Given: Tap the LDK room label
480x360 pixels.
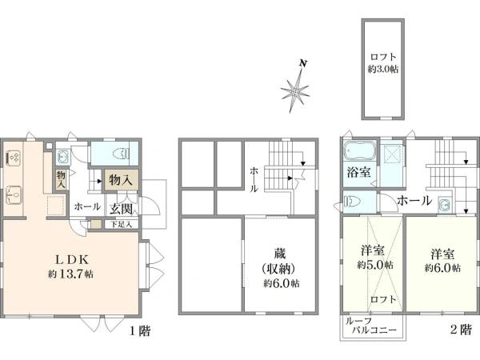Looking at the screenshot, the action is pos(72,260).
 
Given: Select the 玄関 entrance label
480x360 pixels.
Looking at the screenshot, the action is pos(122,209).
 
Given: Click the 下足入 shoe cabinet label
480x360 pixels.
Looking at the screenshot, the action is pos(121,224).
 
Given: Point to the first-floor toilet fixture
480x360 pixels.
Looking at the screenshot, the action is pos(122,153).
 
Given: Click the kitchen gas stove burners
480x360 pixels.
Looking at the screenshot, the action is pos(13,158).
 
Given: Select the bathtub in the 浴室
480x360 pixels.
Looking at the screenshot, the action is pos(360,150).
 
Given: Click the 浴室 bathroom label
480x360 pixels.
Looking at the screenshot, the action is pos(358,172).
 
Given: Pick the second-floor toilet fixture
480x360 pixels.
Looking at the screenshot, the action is pos(353,202).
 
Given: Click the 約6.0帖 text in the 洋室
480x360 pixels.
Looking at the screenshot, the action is pos(442,268).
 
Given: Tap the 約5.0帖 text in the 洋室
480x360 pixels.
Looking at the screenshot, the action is pos(375,265).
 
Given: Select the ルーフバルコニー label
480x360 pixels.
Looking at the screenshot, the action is pos(370,325).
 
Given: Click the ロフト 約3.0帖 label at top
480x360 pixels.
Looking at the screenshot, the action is pos(383,62).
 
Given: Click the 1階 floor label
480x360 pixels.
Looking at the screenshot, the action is pos(140,331).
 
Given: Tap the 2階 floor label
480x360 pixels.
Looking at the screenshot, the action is pos(461,330).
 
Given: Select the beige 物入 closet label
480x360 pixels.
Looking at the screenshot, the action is pos(121,180).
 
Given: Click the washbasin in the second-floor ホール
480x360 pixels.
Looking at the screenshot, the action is pos(444,204).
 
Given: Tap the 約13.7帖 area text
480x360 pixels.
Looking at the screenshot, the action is pos(70,274).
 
